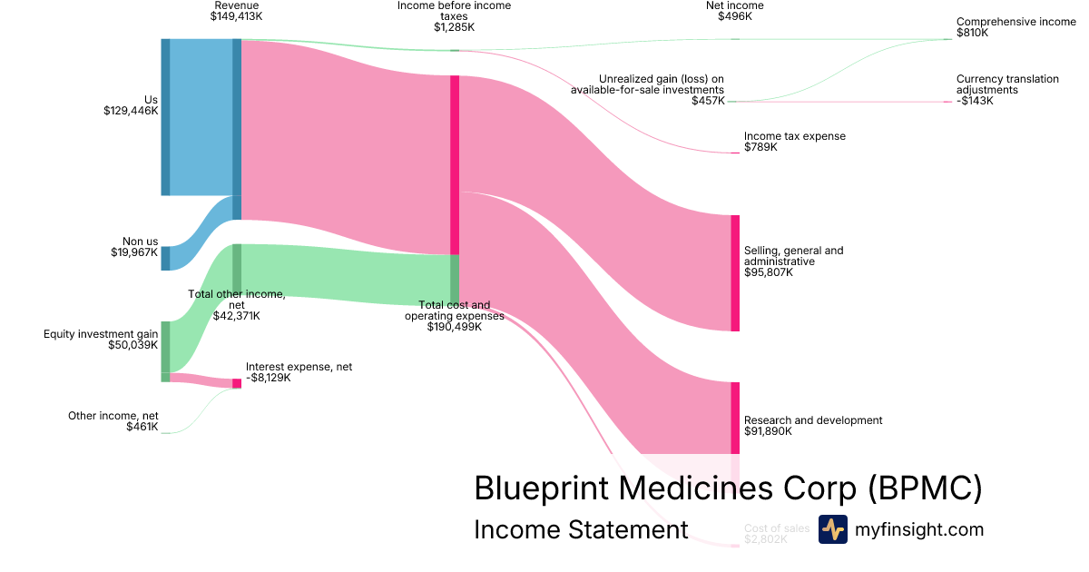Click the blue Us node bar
[165, 117]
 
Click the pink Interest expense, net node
[237, 383]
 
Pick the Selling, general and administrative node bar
[735, 273]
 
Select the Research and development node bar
[735, 418]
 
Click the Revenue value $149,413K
[236, 16]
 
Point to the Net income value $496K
[734, 16]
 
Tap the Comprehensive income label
[1015, 21]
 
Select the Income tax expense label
[794, 136]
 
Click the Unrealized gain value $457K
[708, 100]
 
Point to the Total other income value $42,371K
[236, 316]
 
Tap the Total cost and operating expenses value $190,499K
[454, 327]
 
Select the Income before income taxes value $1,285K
[454, 27]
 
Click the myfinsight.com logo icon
[832, 529]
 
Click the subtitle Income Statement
[581, 530]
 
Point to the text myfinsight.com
[918, 529]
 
